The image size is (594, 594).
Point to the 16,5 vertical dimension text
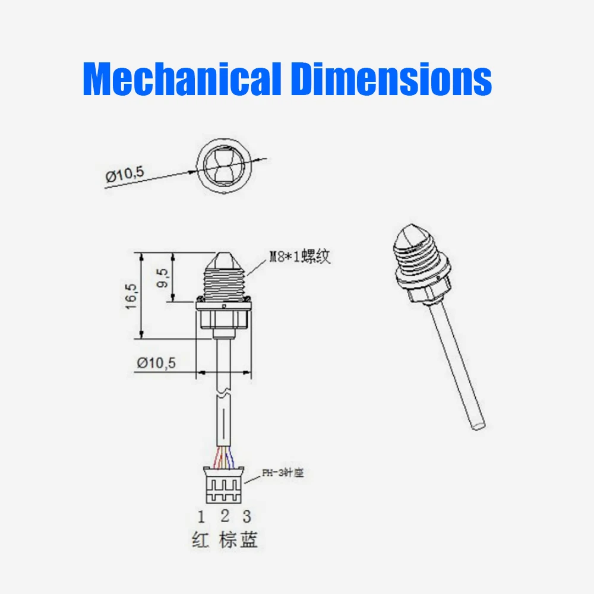(131, 295)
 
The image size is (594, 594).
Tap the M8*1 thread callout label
(299, 257)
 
